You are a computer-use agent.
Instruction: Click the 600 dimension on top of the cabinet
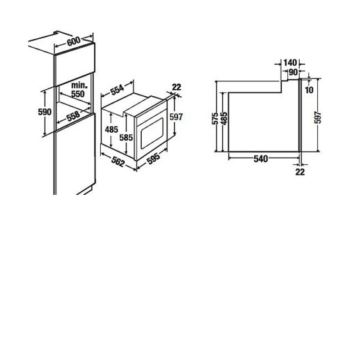pos(74,41)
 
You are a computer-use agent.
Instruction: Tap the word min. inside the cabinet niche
pos(80,85)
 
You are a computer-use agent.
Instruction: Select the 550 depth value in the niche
pos(78,94)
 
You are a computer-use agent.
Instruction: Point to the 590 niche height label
pos(45,112)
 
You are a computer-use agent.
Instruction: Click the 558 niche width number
pos(73,116)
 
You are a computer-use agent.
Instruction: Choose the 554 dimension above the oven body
pos(117,90)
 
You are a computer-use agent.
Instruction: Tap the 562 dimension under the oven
pos(118,162)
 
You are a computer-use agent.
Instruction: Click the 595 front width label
pos(153,159)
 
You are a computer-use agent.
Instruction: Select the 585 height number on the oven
pos(126,138)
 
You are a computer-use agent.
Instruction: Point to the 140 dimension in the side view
pos(290,63)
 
